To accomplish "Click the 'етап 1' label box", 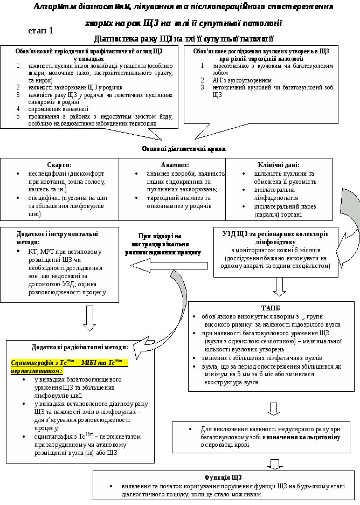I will click(x=41, y=31).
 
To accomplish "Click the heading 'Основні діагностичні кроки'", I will click(x=184, y=149).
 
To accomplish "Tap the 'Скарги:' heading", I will click(x=59, y=165).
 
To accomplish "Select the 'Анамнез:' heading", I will click(x=175, y=165).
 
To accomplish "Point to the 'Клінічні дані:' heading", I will click(x=279, y=165).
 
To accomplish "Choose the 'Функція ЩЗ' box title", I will click(x=223, y=478).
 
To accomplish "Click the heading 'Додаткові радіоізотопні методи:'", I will click(x=80, y=347).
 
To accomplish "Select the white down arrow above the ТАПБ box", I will click(x=279, y=287).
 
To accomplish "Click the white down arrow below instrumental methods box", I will click(x=89, y=317).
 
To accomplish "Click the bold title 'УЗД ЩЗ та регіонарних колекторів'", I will click(x=275, y=234).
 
